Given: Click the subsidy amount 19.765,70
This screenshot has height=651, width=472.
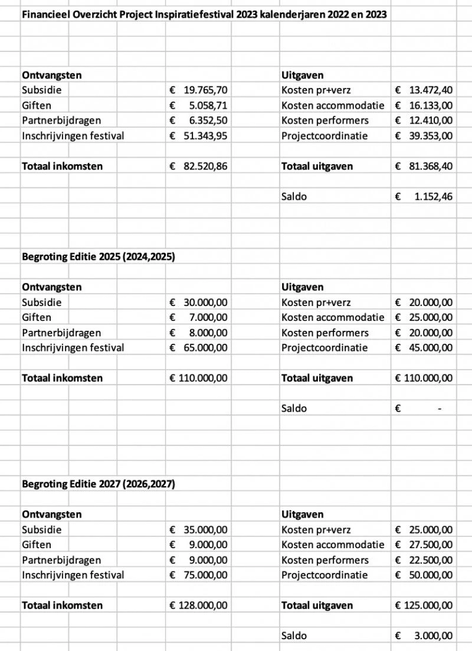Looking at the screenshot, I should (x=205, y=90).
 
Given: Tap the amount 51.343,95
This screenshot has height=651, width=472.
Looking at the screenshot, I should (x=205, y=136).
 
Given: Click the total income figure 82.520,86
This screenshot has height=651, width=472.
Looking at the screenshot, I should (x=205, y=166).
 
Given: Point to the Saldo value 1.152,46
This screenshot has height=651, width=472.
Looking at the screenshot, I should (x=433, y=196).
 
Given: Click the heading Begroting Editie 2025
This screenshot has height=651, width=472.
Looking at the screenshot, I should (x=99, y=257).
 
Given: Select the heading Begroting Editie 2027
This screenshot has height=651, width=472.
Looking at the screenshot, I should (x=99, y=484).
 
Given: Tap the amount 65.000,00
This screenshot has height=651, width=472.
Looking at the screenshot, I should (x=205, y=347).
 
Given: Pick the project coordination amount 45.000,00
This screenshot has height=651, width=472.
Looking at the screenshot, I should (x=431, y=347).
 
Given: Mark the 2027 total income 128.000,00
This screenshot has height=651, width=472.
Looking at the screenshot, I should (x=203, y=605).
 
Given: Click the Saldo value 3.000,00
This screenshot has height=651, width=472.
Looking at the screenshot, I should (x=433, y=635).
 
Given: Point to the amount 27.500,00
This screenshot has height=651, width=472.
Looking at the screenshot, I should (x=431, y=545).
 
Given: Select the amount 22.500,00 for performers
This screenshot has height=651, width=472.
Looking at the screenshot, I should (x=431, y=560).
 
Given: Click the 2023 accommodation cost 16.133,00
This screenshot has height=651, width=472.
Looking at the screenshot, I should (x=431, y=106).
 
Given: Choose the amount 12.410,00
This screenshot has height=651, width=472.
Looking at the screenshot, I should (x=431, y=121).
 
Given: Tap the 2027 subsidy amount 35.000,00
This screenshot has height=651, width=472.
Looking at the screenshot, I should (x=205, y=530).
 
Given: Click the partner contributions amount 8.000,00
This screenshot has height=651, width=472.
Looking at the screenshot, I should (x=208, y=333).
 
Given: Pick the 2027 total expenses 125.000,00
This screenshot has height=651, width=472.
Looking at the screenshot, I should (x=428, y=605).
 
